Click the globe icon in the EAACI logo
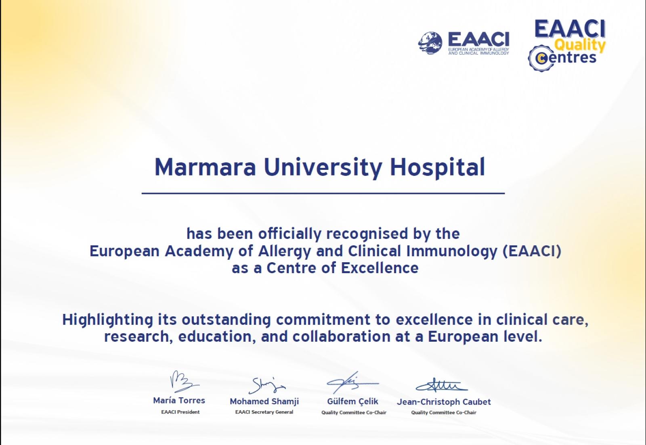[x=430, y=43]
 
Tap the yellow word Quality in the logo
[x=580, y=45]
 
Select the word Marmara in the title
[x=206, y=167]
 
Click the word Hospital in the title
[x=437, y=167]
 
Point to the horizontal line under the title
[x=323, y=193]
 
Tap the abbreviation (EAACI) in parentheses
[x=532, y=251]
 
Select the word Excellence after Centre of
[x=380, y=268]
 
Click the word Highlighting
[x=107, y=320]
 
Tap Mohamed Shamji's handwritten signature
[x=267, y=385]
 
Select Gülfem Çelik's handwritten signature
[x=352, y=383]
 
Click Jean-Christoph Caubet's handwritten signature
[x=442, y=385]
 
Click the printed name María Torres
[x=179, y=400]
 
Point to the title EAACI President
[x=180, y=412]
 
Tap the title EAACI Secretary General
[x=264, y=412]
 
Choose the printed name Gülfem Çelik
[x=352, y=401]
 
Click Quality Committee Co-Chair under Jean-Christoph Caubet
[x=444, y=413]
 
